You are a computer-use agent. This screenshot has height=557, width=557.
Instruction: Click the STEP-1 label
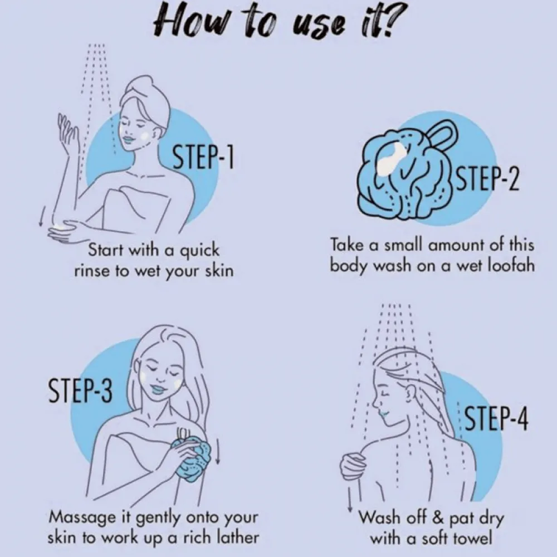coord(203,157)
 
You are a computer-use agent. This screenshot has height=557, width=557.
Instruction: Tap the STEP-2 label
coord(487,179)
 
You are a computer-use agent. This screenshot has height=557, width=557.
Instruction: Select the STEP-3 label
coord(80,390)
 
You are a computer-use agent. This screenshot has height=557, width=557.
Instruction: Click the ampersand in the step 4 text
coord(438,517)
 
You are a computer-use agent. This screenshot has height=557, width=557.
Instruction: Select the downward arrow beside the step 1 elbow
coord(42,216)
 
